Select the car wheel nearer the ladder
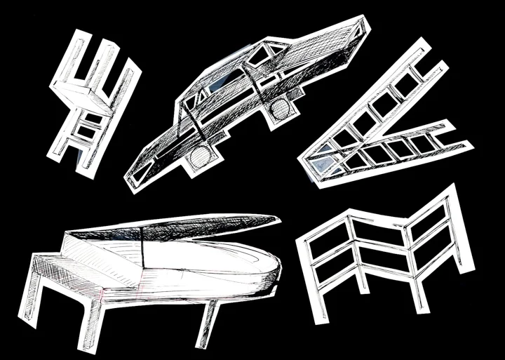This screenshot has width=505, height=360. [279, 107]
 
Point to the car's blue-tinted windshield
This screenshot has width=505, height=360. [212, 88]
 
